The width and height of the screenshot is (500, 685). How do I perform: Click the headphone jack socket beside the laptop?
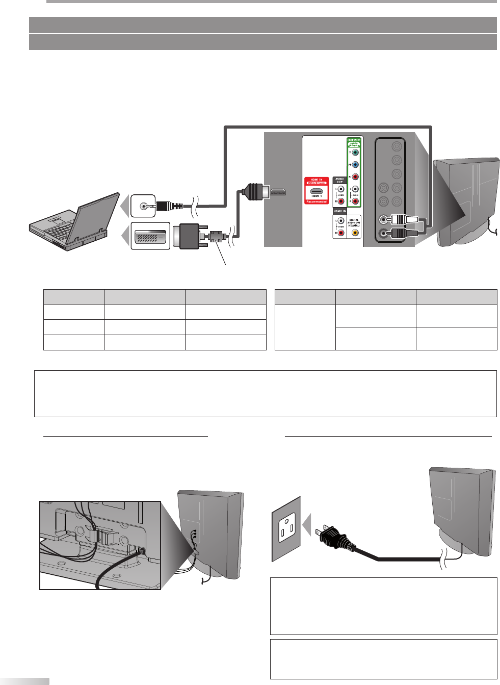[143, 207]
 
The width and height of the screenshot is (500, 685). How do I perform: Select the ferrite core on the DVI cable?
[216, 236]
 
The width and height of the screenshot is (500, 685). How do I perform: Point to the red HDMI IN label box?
[317, 190]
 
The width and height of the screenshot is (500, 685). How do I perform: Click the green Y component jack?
[355, 152]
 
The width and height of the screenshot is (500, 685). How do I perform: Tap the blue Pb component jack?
[355, 165]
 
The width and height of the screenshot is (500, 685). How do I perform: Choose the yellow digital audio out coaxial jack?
[355, 233]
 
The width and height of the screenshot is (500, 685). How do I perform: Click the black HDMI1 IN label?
[339, 211]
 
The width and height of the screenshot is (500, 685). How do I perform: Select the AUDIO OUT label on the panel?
[339, 181]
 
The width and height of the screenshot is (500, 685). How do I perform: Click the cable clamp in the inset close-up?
[97, 535]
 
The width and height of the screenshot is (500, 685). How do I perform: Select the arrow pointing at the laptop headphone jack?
[125, 207]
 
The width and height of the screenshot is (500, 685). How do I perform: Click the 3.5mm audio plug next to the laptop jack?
[168, 207]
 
